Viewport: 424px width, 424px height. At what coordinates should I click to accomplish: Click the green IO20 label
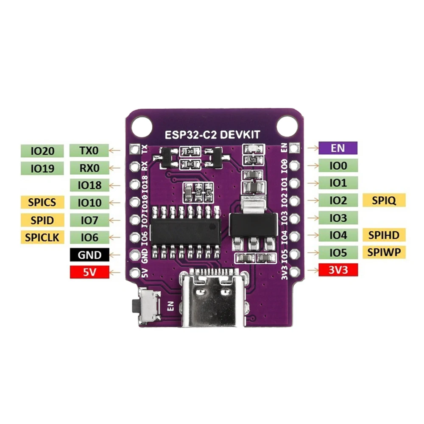click(42, 150)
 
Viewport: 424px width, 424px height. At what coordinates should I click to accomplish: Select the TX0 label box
click(89, 150)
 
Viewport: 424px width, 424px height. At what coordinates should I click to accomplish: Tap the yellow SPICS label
click(42, 202)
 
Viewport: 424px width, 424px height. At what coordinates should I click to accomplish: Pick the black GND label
click(89, 255)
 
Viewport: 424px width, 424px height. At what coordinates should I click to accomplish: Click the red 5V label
click(89, 272)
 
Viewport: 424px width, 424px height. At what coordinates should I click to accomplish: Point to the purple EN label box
click(338, 148)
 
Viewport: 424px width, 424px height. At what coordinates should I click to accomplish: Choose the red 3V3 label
click(338, 269)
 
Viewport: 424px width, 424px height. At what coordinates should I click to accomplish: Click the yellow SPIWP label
click(384, 252)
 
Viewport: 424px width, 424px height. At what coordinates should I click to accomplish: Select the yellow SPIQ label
click(384, 200)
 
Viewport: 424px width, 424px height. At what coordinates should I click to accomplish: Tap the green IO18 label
click(89, 185)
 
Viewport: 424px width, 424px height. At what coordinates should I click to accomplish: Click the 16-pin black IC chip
click(185, 232)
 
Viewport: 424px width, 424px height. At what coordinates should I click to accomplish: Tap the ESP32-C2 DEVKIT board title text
click(212, 135)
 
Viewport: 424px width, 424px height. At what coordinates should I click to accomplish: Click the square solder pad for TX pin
click(135, 149)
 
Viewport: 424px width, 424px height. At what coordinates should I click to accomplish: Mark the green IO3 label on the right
click(338, 218)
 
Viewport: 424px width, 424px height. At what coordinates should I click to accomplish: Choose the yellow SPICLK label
click(42, 237)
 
